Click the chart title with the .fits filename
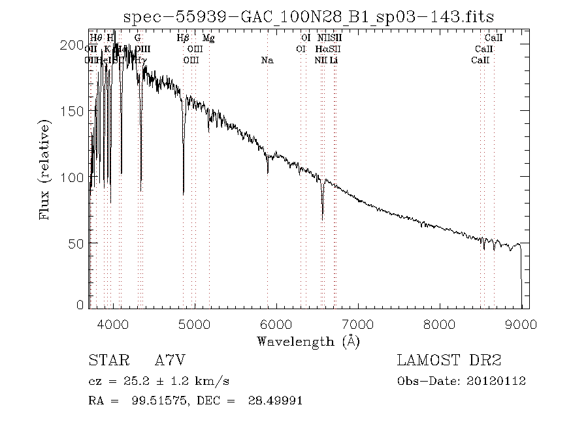(308, 16)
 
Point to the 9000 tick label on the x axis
(521, 324)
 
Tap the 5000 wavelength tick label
(195, 324)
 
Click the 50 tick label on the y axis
(76, 243)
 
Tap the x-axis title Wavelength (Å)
(308, 341)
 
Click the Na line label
(267, 61)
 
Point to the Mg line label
(208, 38)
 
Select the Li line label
(334, 61)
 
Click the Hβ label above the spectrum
(184, 38)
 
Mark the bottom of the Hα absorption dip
(322, 219)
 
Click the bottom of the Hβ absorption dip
(184, 194)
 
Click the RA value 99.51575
(152, 401)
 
